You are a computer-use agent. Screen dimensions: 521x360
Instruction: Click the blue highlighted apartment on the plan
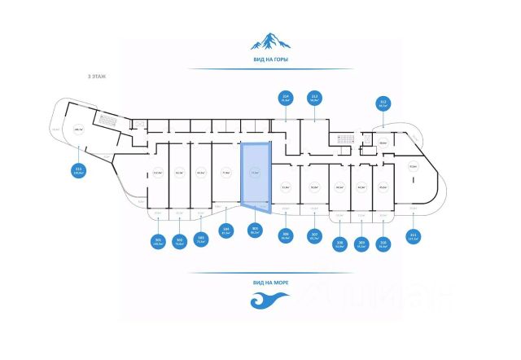[256, 174]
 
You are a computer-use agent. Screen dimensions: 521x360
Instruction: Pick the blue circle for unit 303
[200, 240]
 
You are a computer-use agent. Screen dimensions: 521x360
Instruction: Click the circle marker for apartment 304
[225, 230]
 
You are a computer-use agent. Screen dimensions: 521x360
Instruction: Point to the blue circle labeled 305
[255, 230]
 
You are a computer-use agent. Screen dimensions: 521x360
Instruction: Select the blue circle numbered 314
[286, 98]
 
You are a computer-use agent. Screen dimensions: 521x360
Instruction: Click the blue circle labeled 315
[79, 171]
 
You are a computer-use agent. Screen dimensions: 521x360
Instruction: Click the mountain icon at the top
[269, 42]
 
